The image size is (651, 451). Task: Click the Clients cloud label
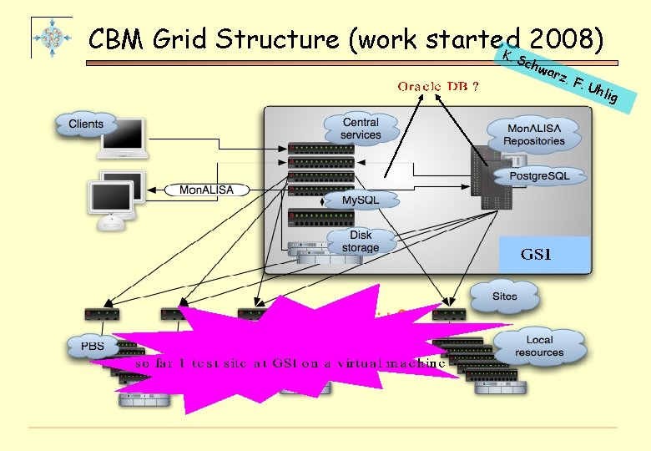pos(86,124)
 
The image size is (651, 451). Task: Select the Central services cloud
pos(361,129)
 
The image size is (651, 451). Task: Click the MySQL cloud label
pos(361,200)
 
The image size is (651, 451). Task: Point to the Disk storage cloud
pos(361,241)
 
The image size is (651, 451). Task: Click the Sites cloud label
pos(504,296)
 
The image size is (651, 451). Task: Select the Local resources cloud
pos(539,347)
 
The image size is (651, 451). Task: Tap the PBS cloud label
pos(93,344)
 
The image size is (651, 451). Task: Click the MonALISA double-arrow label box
pos(207,190)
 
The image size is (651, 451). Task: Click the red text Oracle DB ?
pos(437,86)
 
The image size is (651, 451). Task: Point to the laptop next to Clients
pos(124,138)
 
